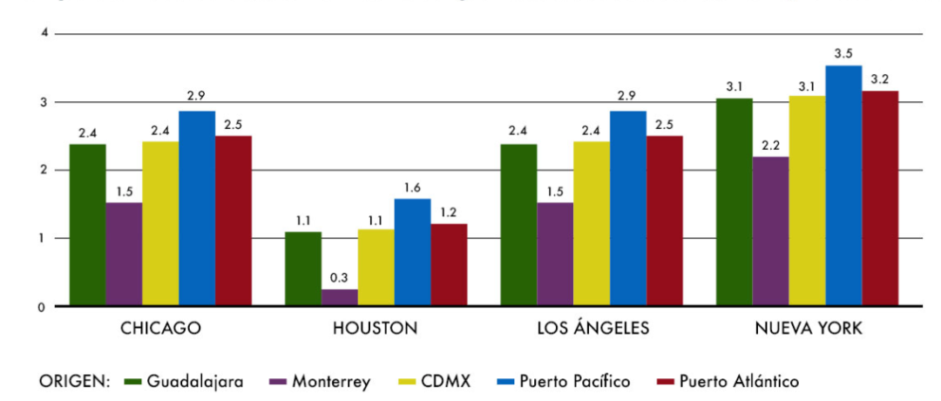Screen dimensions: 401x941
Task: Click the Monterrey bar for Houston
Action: [340, 297]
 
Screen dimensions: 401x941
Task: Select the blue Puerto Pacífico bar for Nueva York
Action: [843, 186]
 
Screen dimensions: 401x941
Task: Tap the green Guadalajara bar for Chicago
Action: [87, 225]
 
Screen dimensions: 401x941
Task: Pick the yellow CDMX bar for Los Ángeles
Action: [591, 224]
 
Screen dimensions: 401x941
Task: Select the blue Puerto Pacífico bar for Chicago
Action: [197, 208]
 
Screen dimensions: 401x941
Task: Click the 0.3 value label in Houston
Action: [340, 278]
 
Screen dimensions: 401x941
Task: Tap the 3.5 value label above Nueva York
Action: [843, 54]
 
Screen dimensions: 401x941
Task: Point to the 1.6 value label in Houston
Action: [412, 187]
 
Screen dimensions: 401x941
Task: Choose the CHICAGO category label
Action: [161, 329]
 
